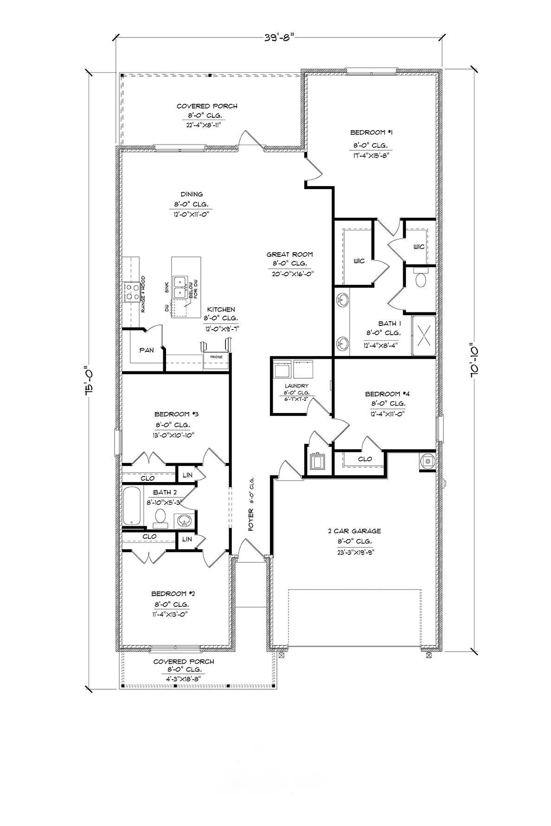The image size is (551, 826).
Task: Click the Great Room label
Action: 289,254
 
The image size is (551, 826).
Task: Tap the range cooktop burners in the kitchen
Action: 130,293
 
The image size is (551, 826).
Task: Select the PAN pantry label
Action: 147,350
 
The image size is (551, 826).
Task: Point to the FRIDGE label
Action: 216,357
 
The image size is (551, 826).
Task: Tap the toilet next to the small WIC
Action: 421,280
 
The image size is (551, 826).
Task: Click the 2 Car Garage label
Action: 354,531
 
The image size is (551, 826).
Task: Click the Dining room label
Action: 192,195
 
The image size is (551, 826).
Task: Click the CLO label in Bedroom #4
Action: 365,459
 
